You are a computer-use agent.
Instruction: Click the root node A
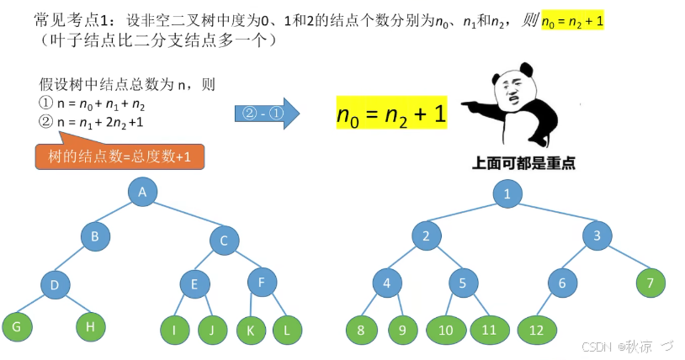[143, 193]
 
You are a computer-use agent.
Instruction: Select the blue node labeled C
[224, 240]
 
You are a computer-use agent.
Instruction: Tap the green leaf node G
[16, 326]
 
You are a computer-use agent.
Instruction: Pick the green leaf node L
[287, 330]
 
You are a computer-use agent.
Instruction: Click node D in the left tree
[55, 285]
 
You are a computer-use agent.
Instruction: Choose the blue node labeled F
[262, 283]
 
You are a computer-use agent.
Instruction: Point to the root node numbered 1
[507, 194]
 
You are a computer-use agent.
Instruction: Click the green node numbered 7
[650, 283]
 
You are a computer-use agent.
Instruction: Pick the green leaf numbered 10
[447, 330]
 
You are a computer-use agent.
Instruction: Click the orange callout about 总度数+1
[119, 156]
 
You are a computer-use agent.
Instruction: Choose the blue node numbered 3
[597, 236]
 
